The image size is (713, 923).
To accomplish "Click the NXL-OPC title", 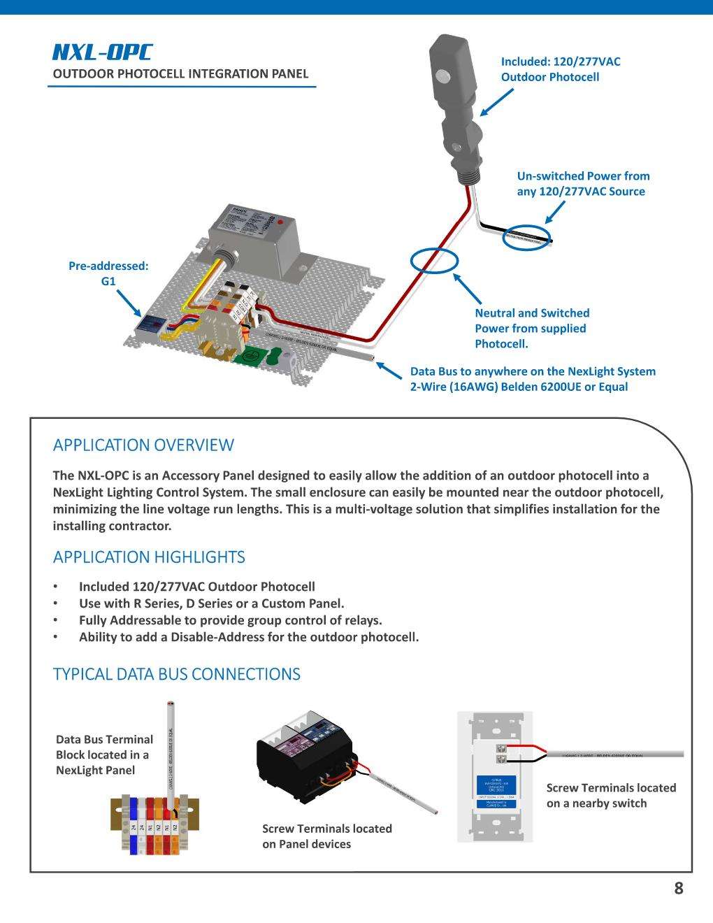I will point(102,52).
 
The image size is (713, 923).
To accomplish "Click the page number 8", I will point(678,889).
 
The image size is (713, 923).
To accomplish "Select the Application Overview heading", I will point(143,445).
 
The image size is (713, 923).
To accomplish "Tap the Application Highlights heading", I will point(149,557).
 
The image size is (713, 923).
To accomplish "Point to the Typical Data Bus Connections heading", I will point(177,674).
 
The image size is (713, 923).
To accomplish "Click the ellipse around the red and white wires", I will point(434,261).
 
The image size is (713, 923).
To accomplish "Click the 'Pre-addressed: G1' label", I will point(108,273).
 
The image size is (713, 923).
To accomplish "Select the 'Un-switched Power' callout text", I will point(583,184).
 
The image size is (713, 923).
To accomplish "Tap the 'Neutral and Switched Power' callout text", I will point(532,329).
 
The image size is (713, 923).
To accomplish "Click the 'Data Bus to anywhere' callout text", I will point(533,379).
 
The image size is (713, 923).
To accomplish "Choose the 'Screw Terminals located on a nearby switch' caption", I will point(611,795).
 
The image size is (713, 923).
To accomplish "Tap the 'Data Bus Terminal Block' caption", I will point(104,754).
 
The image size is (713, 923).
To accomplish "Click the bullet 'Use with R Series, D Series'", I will point(211,603).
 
